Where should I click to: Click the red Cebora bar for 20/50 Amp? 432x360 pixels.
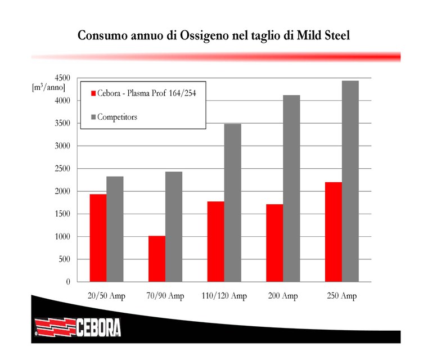click(x=98, y=237)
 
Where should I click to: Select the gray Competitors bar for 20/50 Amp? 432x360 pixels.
click(x=115, y=229)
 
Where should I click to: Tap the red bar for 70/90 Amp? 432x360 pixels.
click(x=156, y=258)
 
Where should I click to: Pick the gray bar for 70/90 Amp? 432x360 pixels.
click(x=173, y=226)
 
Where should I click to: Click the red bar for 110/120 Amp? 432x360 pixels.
click(x=215, y=241)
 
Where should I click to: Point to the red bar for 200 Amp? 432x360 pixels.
click(x=274, y=242)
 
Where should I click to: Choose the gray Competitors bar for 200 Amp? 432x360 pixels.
click(x=291, y=188)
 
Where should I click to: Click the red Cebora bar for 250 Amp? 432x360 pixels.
click(x=333, y=232)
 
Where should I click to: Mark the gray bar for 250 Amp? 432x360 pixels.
click(x=350, y=181)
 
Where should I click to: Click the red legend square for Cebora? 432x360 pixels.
click(x=93, y=93)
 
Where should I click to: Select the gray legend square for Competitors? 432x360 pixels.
click(x=93, y=117)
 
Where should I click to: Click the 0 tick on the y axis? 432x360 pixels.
click(x=67, y=282)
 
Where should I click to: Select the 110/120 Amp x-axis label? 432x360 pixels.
click(x=224, y=295)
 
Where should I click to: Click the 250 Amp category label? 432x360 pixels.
click(x=341, y=295)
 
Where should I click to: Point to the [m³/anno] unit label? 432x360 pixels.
click(x=49, y=87)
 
